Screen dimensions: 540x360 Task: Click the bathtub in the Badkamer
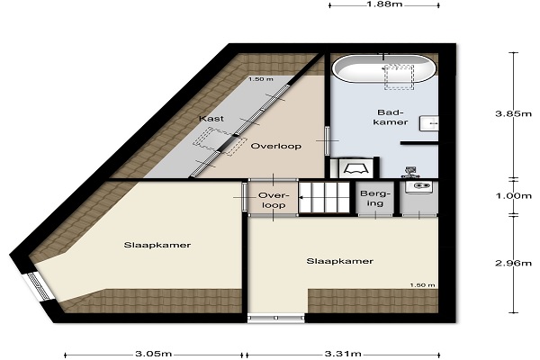(x=384, y=68)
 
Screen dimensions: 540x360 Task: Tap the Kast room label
(x=211, y=119)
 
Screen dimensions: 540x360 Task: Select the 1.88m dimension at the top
(x=384, y=4)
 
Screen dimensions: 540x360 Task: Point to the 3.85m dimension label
(x=513, y=113)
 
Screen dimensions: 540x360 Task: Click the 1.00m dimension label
(x=513, y=196)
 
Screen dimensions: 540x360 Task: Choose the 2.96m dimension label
(x=513, y=263)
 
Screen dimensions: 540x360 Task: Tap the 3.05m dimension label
(x=154, y=354)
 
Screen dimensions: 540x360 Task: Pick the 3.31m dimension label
(x=343, y=354)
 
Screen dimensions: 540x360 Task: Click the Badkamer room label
(x=391, y=117)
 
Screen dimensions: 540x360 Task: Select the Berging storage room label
(x=375, y=198)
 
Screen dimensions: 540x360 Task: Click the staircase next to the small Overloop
(x=324, y=197)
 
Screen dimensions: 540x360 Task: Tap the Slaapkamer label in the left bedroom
(x=157, y=245)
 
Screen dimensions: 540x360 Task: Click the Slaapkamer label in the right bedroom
(x=340, y=261)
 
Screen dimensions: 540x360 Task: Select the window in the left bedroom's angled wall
(x=39, y=286)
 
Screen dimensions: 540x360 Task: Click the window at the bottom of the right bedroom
(x=276, y=318)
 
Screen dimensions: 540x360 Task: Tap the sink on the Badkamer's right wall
(x=429, y=123)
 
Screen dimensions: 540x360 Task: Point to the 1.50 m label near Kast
(x=261, y=79)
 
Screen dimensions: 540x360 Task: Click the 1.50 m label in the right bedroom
(x=423, y=285)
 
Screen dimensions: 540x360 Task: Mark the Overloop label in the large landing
(x=276, y=146)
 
